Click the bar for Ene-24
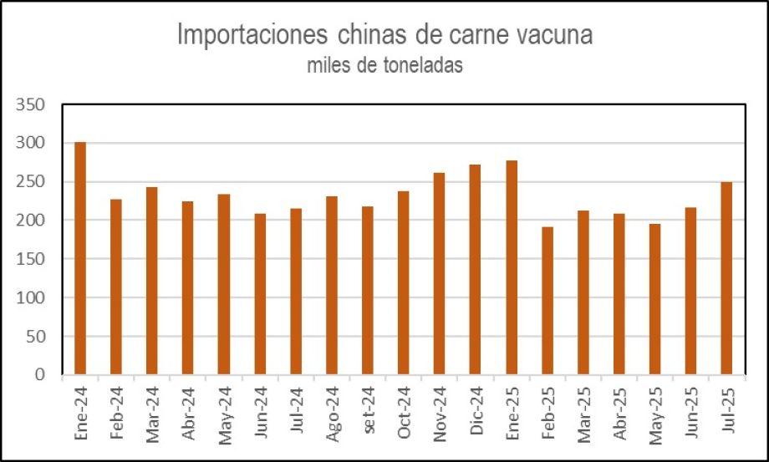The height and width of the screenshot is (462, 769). coord(80,258)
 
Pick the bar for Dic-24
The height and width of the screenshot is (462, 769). coord(476,269)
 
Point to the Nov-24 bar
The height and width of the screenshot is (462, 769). coord(440,273)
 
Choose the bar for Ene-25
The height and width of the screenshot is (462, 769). coord(512,267)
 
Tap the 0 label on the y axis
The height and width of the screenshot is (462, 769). coord(38,376)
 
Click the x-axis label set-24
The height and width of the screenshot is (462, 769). coord(369,410)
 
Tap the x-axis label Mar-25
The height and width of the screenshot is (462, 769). coord(584,411)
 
